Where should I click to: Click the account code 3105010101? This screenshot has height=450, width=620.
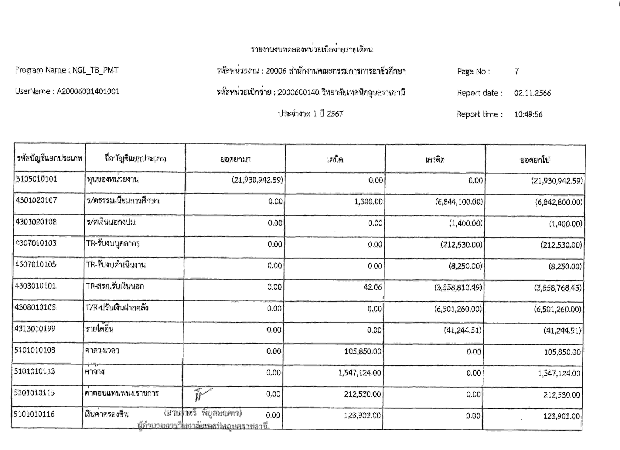(x=36, y=179)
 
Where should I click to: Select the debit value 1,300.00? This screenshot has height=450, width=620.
(x=368, y=202)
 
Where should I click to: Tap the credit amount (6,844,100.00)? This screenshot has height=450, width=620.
(x=459, y=202)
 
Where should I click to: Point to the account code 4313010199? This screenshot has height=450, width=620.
(x=35, y=329)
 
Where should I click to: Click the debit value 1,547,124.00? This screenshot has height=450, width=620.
(x=360, y=373)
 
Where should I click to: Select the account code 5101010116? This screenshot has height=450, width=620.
(x=34, y=414)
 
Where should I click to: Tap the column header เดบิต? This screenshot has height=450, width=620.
(x=335, y=160)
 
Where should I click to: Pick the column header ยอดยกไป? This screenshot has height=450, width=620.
(x=535, y=160)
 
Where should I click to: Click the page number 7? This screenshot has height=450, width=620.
(x=516, y=72)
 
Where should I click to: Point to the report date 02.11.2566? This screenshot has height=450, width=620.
(x=532, y=93)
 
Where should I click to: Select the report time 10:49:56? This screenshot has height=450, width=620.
(x=528, y=114)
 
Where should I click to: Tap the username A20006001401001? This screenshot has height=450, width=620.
(x=88, y=91)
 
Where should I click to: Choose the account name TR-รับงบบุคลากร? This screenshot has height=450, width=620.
(x=113, y=243)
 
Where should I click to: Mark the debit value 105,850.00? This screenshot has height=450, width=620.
(x=363, y=351)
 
